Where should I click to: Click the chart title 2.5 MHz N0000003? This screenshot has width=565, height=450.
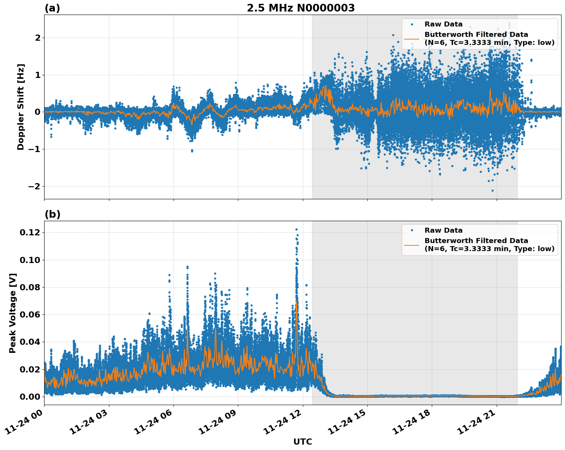pos(301,8)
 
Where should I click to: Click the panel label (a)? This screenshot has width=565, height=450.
pos(52,8)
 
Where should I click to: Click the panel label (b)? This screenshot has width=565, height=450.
pos(52,214)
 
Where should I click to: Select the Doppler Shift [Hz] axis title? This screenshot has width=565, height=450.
pos(21,107)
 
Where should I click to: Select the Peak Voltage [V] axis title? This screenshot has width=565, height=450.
pos(13,313)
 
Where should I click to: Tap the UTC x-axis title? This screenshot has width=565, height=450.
pos(302,442)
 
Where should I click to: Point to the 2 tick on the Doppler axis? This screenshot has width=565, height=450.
pos(38,38)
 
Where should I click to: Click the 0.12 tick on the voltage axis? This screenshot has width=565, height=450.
pos(30,233)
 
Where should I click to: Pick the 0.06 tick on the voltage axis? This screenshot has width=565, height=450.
pos(30,314)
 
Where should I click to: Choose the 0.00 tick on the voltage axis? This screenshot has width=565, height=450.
pos(30,397)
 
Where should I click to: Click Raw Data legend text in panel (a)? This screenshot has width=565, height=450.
pos(443,25)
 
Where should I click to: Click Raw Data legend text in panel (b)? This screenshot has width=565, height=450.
pos(443,230)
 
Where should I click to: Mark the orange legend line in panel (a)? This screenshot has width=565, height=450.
pos(411,39)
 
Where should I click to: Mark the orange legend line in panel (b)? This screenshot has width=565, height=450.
pos(411,245)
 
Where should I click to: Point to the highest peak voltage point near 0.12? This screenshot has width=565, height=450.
pos(296,230)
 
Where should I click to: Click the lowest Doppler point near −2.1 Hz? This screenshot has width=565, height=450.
pos(493,190)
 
